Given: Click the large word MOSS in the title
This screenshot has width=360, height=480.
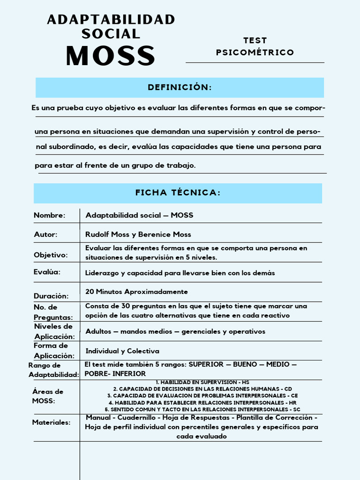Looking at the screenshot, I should pos(111,56).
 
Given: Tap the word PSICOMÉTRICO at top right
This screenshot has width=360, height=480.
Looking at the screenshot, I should pos(255,52).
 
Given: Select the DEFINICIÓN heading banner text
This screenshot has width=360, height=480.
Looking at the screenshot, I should pos(180,88).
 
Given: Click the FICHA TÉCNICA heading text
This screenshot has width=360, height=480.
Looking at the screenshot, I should pos(178,193).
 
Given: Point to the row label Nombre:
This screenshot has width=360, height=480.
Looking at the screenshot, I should pos(49,215).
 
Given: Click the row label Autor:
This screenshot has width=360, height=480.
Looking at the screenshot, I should pos(45,234).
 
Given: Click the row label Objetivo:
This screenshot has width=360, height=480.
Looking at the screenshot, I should pos(51,255).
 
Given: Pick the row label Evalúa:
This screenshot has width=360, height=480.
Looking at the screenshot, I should pos(47,272).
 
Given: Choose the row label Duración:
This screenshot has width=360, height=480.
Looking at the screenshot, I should pos(51,296).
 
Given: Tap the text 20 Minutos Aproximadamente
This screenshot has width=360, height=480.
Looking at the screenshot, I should pos(136,292).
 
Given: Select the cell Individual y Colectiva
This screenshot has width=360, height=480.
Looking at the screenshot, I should pos(122,351).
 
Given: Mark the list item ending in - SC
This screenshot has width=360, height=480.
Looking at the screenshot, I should pos(202,409).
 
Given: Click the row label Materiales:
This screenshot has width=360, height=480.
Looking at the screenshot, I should pos(51,422).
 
